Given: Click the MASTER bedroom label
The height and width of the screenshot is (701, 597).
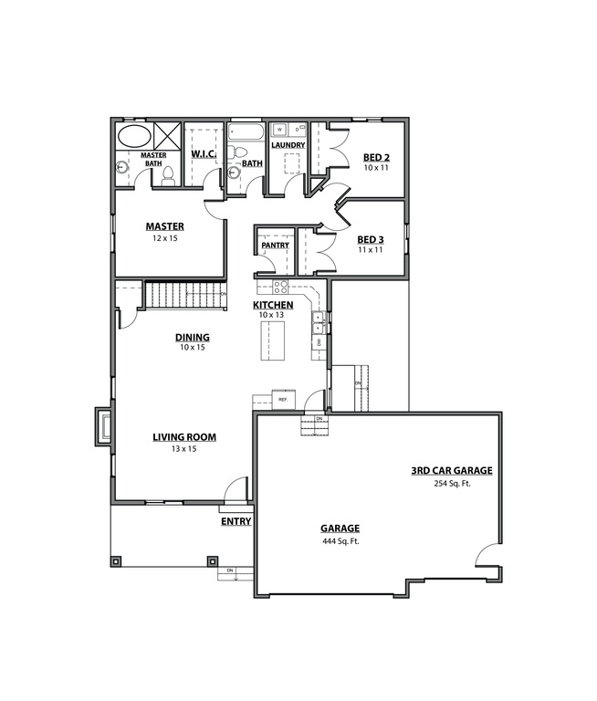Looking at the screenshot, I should point(165,226).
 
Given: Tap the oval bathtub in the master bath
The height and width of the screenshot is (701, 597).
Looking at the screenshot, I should point(135,138).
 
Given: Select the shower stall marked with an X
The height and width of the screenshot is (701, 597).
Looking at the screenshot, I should point(167,136).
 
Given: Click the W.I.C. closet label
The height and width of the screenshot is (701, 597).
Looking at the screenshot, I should point(203,153).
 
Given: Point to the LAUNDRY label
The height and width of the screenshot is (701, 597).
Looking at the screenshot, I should point(288,145).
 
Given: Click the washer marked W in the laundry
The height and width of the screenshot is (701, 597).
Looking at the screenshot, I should point(278,131).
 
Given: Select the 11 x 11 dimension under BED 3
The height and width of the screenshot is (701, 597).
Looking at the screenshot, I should point(370,249).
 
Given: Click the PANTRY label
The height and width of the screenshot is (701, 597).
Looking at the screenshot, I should point(275,245).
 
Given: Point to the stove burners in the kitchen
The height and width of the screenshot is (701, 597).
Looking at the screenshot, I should point(278,288).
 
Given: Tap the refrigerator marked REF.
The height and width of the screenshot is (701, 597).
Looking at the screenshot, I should point(282,400).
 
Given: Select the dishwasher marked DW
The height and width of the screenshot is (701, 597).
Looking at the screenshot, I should point(318,341).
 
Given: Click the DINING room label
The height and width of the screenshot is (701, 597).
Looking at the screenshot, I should point(193,337).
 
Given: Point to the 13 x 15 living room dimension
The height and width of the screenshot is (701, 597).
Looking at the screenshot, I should point(183,449).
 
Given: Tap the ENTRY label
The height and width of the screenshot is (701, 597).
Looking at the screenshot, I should point(236,521).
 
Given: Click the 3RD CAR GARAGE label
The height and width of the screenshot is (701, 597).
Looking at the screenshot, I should point(451,471).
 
